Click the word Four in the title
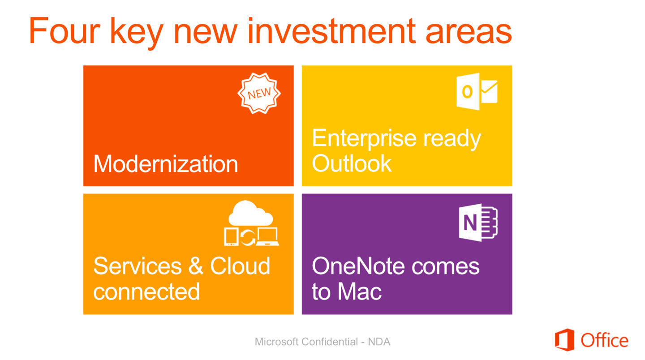click(64, 30)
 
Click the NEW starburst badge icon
click(259, 93)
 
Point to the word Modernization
click(166, 163)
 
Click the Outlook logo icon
click(477, 91)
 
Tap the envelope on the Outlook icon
click(489, 91)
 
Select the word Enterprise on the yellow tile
click(364, 138)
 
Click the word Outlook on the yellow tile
click(352, 163)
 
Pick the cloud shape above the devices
click(250, 214)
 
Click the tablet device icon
click(231, 236)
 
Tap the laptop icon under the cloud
click(267, 236)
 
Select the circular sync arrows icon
click(247, 237)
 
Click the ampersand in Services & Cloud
click(196, 266)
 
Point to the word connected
click(146, 291)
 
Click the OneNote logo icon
click(478, 222)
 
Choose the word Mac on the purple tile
click(359, 291)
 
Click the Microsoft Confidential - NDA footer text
click(322, 342)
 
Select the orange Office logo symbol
click(564, 340)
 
